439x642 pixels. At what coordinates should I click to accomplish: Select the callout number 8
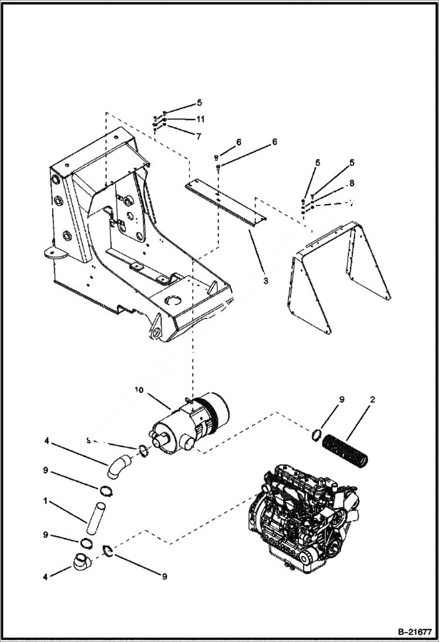pyautogui.click(x=351, y=183)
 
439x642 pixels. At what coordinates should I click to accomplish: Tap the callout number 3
pyautogui.click(x=266, y=281)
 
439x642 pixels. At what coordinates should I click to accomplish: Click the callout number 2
pyautogui.click(x=372, y=400)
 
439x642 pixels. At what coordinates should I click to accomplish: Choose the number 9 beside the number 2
pyautogui.click(x=342, y=400)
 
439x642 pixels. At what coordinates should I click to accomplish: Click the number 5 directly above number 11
pyautogui.click(x=199, y=102)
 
